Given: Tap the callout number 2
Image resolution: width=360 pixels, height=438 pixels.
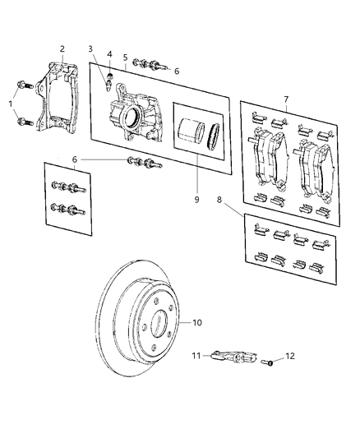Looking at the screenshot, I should tap(62, 48).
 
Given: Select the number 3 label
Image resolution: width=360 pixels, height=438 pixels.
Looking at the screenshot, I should tap(90, 49).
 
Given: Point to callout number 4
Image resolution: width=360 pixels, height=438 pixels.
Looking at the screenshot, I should tap(110, 55).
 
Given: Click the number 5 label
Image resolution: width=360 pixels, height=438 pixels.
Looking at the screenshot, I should tap(126, 58).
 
